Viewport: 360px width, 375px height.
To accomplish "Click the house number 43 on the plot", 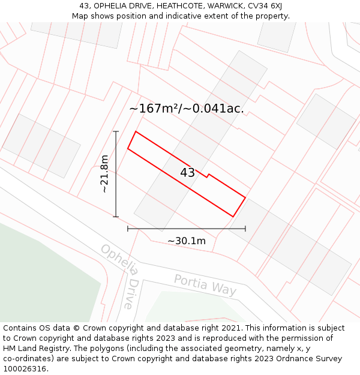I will point(187,173).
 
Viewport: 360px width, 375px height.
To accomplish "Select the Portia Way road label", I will point(205,284).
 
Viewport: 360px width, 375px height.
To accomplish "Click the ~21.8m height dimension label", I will point(104,173).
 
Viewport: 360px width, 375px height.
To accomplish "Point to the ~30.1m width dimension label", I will point(186,241).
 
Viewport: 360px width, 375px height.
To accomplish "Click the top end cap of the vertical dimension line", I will point(116,131).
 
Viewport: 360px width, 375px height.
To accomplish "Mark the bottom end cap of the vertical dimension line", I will point(116,217).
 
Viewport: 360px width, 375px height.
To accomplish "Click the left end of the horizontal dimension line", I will point(128,229).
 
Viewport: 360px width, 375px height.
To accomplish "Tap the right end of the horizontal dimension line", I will point(245,229).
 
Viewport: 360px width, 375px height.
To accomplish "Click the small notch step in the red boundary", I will point(208,176).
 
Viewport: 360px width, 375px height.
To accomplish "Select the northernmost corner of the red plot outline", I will point(136,131).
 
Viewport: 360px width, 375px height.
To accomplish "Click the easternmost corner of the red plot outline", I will point(245,196).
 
